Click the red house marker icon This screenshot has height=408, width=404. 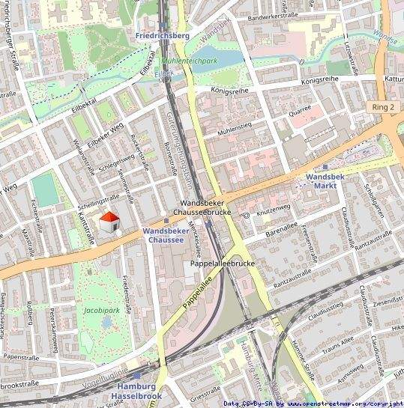point(109,222)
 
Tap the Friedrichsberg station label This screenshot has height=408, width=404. point(162,35)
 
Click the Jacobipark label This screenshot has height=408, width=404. point(102,308)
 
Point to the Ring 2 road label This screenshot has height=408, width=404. point(382,107)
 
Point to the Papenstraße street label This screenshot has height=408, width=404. point(21,357)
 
